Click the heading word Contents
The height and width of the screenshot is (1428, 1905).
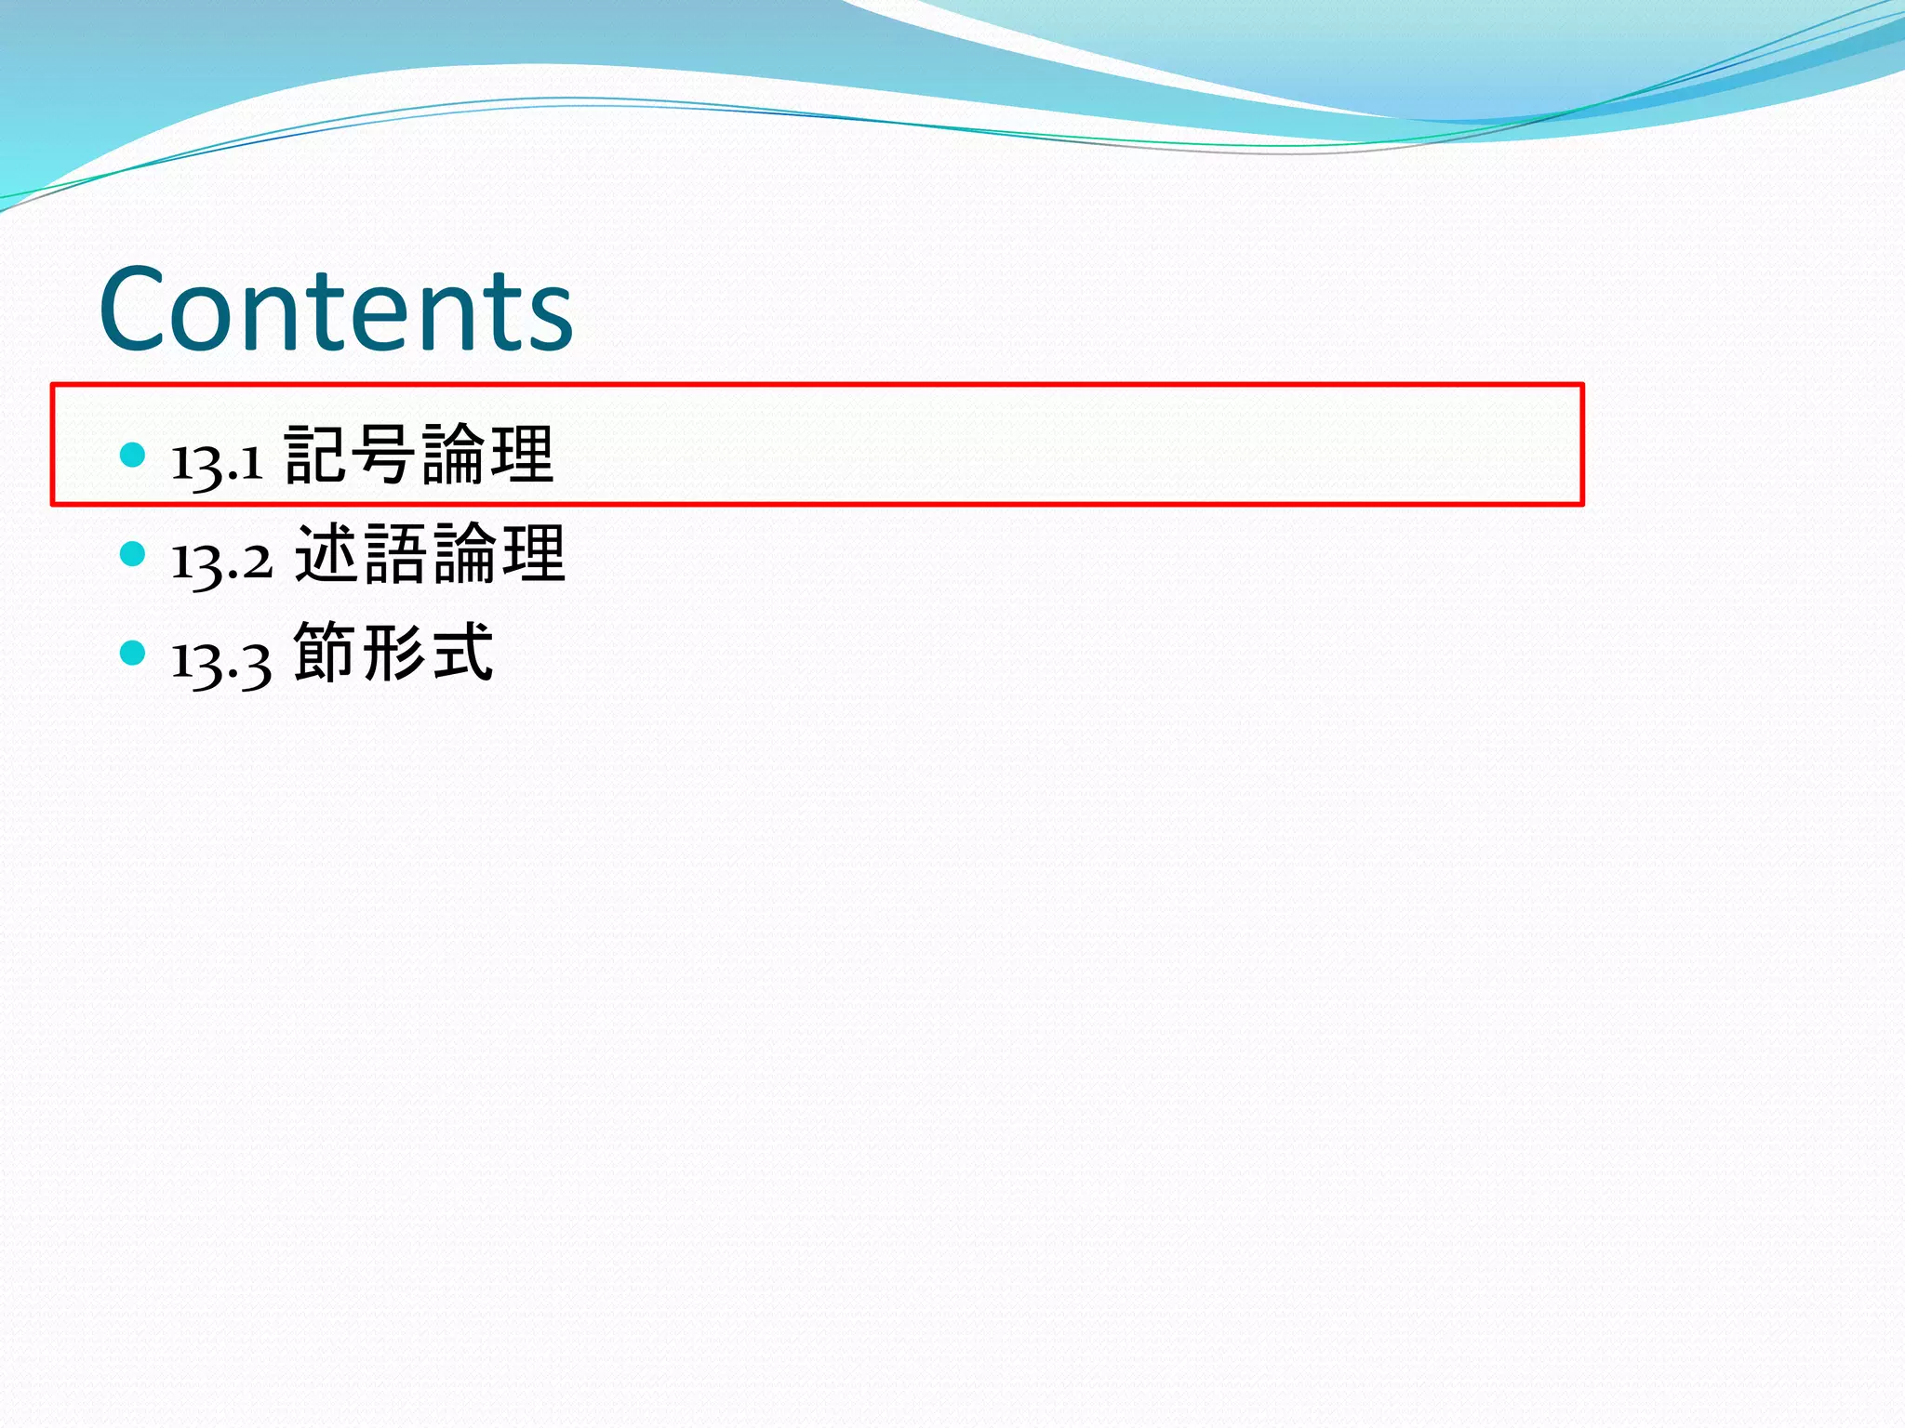point(336,309)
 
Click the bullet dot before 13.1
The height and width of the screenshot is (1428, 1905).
point(133,455)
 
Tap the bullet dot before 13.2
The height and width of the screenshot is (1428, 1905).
point(133,554)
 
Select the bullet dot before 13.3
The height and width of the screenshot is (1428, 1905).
point(133,653)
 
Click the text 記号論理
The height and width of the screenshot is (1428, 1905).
point(420,454)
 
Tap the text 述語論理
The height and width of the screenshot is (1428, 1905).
point(431,554)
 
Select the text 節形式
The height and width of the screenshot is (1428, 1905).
point(393,653)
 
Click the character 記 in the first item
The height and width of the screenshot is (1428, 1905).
point(316,454)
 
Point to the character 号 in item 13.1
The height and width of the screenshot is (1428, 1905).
point(385,454)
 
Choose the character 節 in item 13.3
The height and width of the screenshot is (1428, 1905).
point(326,653)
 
